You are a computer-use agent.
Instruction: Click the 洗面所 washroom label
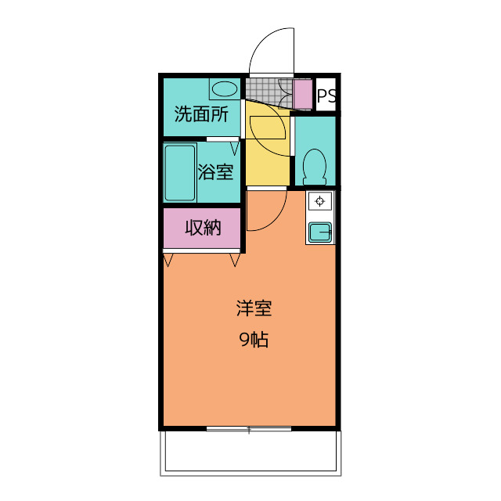point(201,114)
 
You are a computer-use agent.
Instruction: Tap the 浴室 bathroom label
point(215,172)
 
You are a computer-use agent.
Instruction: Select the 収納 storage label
point(204,228)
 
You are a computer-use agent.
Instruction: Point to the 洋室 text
point(254,308)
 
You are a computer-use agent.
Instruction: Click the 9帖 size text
point(254,339)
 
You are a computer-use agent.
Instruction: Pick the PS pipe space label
point(326,96)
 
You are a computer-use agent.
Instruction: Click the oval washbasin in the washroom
point(225,89)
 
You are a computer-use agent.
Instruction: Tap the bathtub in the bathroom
point(180,173)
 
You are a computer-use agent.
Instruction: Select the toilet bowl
point(315,167)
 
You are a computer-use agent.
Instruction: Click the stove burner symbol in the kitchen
point(320,201)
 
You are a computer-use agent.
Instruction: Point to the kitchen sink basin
point(320,232)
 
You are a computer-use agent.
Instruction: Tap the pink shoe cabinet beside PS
point(303,94)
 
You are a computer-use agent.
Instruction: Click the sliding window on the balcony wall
point(249,429)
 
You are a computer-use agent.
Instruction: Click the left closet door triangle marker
point(168,260)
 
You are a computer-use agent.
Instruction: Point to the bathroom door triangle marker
point(235,149)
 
